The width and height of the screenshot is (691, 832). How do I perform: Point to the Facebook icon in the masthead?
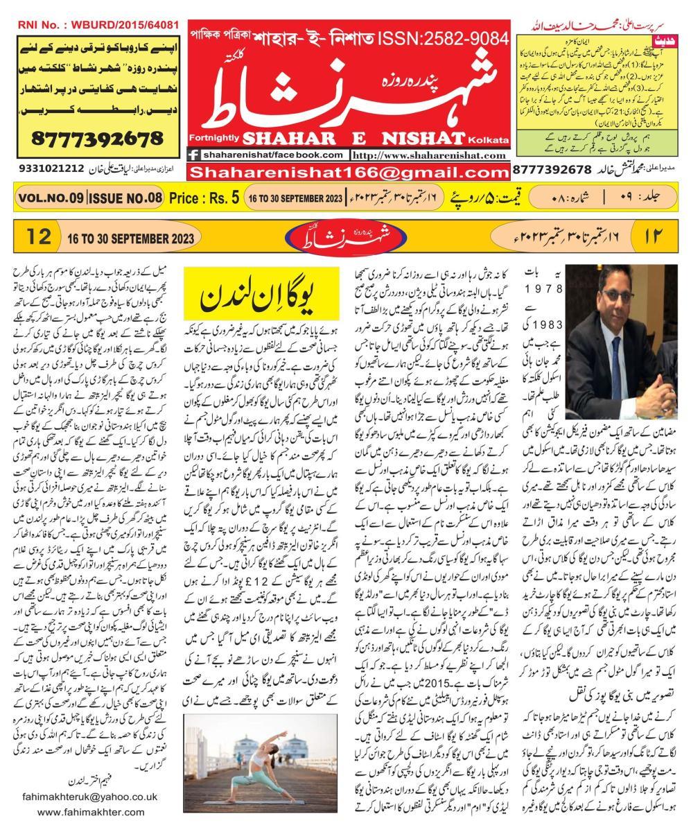coord(195,155)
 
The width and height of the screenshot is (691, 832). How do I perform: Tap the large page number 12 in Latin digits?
coord(39,236)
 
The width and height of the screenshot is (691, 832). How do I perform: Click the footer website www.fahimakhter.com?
coord(92,812)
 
